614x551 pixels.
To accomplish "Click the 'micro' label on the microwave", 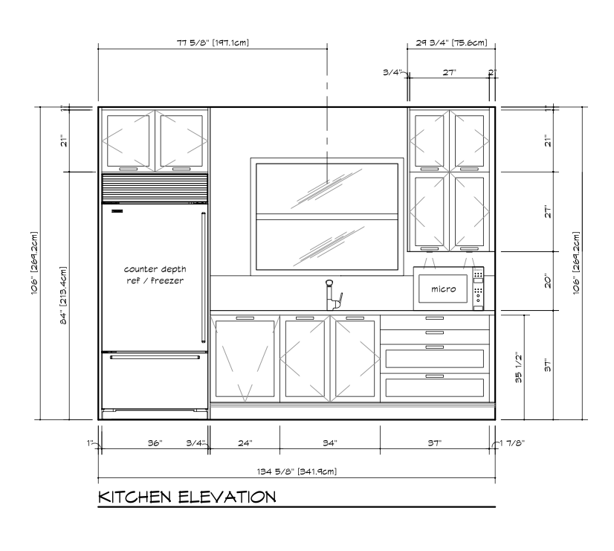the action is pos(443,289).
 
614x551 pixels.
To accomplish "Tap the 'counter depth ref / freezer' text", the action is pos(155,274).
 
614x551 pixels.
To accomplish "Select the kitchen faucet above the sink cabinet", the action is pos(332,295).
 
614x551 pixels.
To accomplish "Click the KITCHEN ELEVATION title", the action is pos(187,497).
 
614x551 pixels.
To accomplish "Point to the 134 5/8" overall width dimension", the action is pos(297,471).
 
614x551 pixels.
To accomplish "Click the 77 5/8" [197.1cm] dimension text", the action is pos(213,42).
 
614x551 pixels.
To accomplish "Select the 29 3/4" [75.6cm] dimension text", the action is pos(451,42).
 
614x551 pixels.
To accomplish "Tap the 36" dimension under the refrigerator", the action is pos(155,443).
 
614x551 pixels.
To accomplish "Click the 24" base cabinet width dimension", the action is pos(245,443).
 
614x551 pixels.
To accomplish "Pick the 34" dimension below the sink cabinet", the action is pos(330,443).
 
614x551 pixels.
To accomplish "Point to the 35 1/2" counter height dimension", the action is pos(518,367).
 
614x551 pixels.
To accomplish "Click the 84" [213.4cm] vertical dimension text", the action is pos(63,295).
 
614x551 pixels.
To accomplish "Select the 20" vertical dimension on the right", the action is pos(548,281).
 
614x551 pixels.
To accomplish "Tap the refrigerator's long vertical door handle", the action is pos(203,277).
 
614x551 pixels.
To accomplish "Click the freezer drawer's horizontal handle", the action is pos(155,357).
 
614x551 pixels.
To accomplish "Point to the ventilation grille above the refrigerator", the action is pos(155,187).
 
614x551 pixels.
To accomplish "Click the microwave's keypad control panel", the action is pos(478,288).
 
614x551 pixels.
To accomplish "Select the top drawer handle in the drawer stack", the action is pos(435,318).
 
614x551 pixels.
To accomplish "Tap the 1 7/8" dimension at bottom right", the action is pos(512,443).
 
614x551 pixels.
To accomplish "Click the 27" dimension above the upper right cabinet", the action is pos(450,72).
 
